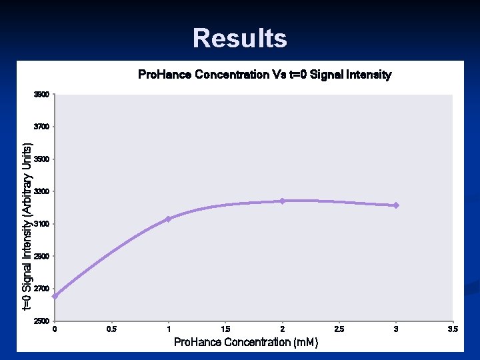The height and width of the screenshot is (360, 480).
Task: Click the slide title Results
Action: [240, 38]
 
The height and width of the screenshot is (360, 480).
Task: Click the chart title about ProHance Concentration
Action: [264, 75]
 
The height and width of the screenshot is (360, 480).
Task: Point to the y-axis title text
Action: [27, 227]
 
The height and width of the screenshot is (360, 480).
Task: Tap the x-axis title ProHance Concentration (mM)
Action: [245, 342]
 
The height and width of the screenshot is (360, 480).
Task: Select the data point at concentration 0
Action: [55, 296]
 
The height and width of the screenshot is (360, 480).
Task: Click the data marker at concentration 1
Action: [169, 219]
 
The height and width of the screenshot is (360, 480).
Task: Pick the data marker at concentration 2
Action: [283, 201]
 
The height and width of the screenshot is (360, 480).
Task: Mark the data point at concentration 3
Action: [396, 205]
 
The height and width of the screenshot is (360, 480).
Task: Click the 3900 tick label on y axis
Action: [41, 95]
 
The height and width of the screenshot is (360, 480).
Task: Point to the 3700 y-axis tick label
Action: [41, 127]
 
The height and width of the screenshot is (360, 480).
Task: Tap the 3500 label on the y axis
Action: [41, 159]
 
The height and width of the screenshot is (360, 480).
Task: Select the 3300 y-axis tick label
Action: [41, 191]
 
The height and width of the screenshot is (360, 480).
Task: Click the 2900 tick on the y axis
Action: [41, 256]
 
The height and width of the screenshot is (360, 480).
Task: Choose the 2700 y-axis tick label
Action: [41, 289]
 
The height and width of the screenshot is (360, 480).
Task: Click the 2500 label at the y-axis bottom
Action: [41, 321]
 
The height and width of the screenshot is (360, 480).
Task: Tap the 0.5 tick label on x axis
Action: [112, 329]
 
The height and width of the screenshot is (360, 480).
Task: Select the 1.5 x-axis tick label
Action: [226, 329]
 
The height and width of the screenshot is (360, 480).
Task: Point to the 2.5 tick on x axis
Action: [339, 329]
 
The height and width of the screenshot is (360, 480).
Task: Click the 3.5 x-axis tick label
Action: [453, 329]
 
